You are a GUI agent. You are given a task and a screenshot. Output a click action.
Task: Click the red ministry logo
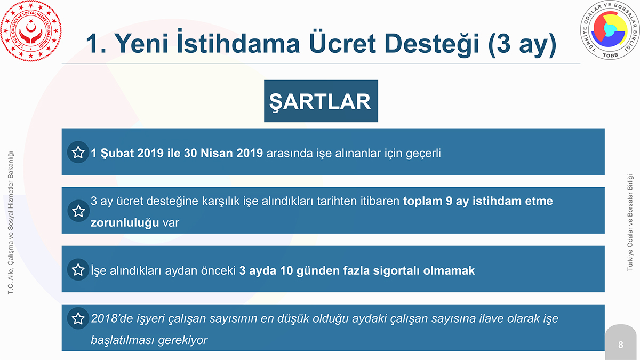tap(31, 31)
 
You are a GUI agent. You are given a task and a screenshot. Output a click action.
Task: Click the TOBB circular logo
tap(610, 30)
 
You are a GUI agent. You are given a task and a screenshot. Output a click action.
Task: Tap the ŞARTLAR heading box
tap(321, 101)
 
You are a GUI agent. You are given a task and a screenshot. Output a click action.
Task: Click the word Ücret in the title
tap(342, 43)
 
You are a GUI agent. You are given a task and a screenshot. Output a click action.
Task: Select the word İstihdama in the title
tap(238, 42)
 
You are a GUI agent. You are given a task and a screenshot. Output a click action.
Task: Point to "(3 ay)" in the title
tap(523, 44)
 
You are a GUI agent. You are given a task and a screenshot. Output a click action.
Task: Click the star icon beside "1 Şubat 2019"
tap(78, 153)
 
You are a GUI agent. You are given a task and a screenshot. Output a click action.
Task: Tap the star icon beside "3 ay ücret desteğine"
tap(78, 211)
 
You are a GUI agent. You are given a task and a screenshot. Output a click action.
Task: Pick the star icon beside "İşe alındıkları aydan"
tap(78, 270)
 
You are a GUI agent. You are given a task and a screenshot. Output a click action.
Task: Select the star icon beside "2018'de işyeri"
tap(78, 318)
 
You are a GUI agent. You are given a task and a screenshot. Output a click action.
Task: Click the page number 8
tap(621, 345)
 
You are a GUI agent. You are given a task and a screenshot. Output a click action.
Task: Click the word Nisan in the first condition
tap(217, 153)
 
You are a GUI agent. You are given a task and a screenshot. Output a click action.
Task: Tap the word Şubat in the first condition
tap(117, 154)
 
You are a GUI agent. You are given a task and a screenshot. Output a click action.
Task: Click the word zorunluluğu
tap(125, 223)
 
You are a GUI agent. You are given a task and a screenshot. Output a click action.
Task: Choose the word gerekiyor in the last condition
tap(182, 340)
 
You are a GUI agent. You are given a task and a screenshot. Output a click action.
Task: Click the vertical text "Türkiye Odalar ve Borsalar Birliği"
tap(630, 222)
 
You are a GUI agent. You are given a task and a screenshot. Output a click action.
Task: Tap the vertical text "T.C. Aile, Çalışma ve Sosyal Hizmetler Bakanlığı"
tap(11, 222)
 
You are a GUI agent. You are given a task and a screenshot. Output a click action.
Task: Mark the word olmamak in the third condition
tap(449, 270)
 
